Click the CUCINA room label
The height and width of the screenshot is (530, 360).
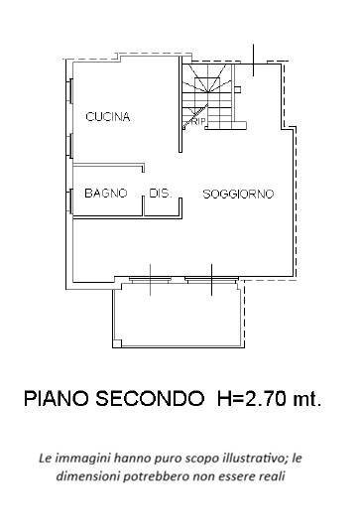(108, 117)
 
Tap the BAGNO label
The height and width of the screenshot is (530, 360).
(105, 193)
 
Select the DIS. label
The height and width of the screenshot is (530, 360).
(160, 193)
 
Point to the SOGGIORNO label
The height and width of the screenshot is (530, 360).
(238, 194)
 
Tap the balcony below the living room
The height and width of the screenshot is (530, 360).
(176, 316)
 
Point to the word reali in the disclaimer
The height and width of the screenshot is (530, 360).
(270, 477)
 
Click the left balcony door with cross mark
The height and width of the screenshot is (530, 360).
(149, 281)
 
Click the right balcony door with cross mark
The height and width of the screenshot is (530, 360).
(211, 281)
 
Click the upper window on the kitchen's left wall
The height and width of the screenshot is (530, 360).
(69, 91)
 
